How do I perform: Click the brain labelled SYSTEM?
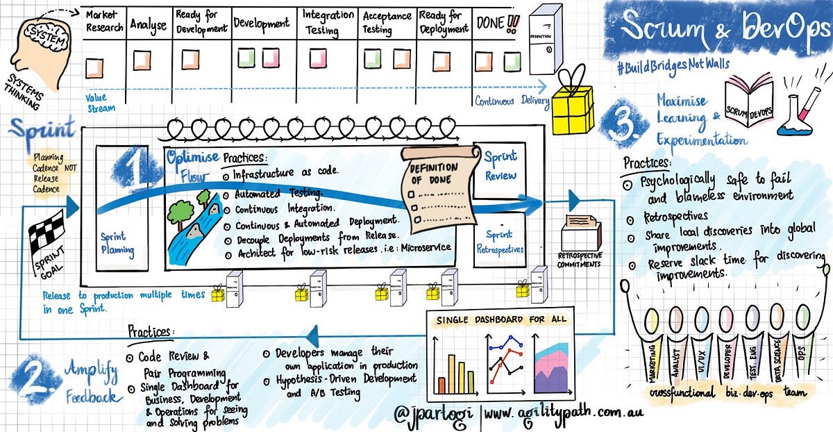click(x=38, y=35)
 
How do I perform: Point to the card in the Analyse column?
click(x=142, y=59)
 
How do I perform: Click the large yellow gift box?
click(x=572, y=110)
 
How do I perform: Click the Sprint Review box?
click(x=499, y=167)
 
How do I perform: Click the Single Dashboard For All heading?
click(x=500, y=319)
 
